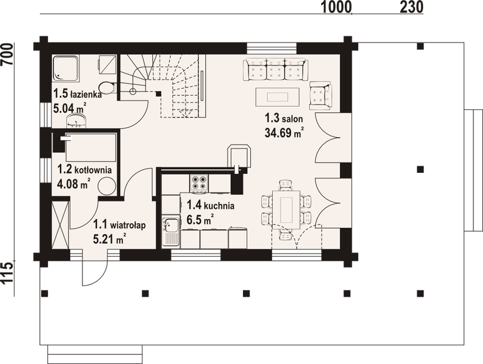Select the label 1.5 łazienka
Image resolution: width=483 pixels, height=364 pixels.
[76, 95]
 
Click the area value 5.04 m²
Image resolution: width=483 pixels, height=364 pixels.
[69, 109]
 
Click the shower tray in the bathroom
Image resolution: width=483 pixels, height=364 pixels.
[65, 68]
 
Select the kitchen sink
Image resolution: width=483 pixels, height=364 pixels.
[170, 231]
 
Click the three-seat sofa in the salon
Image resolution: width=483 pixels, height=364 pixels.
[276, 69]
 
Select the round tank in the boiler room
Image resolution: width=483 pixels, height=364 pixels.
[107, 186]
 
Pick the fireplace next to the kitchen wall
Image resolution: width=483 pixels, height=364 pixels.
[239, 156]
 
